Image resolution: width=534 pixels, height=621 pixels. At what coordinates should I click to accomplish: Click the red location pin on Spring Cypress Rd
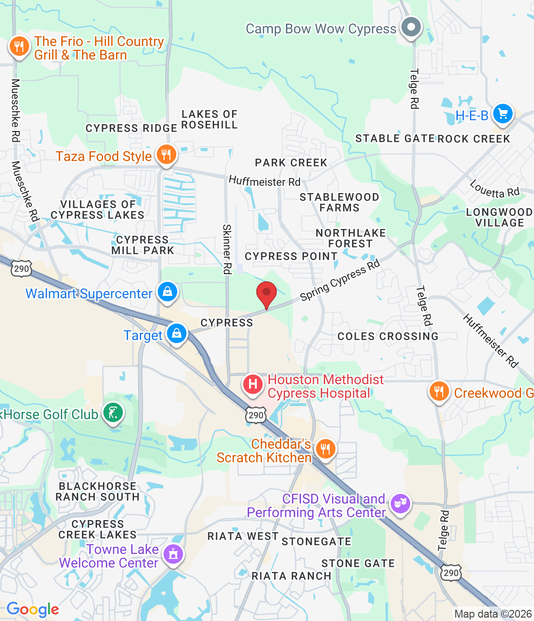(x=267, y=293)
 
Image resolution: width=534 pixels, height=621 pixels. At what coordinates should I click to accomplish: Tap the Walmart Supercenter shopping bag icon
(x=167, y=292)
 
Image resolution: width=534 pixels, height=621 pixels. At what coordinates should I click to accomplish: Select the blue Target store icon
(x=177, y=334)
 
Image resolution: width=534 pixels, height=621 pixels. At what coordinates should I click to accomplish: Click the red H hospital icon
(x=253, y=385)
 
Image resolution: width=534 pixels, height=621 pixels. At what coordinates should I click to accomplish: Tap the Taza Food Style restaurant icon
(x=166, y=155)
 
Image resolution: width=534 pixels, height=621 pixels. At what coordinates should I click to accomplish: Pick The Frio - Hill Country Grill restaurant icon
(x=19, y=47)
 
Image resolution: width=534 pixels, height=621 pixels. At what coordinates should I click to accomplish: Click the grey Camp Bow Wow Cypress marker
(x=411, y=27)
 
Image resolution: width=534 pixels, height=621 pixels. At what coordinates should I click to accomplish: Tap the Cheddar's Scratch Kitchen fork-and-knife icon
(x=325, y=449)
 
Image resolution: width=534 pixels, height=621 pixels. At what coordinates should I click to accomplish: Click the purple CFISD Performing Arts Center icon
(x=400, y=504)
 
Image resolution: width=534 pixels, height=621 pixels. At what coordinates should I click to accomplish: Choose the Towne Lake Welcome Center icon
(x=173, y=554)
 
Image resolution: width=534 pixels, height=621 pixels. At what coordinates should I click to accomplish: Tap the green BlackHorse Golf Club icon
(x=113, y=413)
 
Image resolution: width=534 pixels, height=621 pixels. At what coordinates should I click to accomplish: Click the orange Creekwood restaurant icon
(x=439, y=392)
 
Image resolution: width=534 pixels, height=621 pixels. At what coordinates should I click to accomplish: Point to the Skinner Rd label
(x=227, y=249)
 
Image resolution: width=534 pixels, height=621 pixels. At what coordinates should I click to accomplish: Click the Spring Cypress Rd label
(x=339, y=280)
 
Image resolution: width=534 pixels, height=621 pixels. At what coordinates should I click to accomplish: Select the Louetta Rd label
(x=495, y=189)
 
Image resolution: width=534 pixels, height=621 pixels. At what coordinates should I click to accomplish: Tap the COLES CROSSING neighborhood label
(x=388, y=336)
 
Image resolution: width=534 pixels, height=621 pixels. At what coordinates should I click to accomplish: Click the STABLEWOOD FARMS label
(x=339, y=202)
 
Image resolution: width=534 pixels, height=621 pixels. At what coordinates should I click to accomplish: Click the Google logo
(x=33, y=609)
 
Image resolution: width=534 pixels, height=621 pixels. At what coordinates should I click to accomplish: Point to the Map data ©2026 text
(x=493, y=614)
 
